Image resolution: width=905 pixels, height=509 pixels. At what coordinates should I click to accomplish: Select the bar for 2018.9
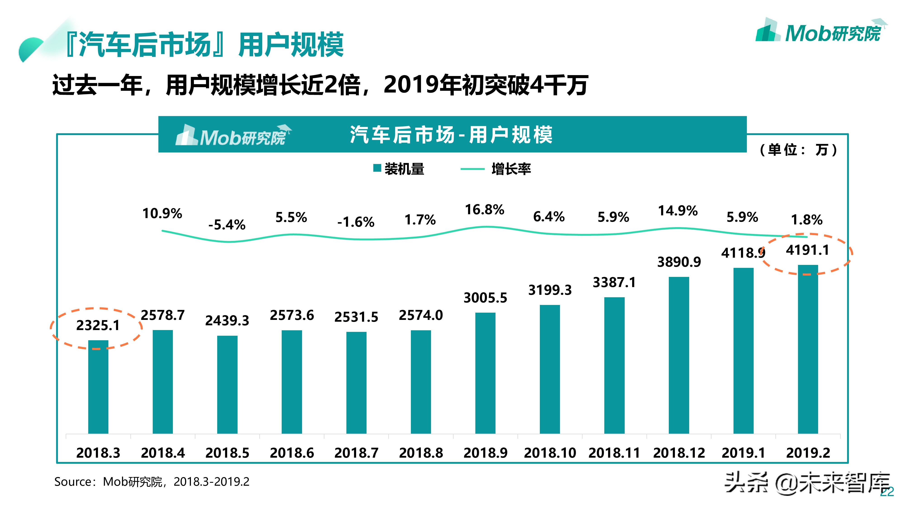485,373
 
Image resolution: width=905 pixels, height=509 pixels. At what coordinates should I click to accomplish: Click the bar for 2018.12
679,355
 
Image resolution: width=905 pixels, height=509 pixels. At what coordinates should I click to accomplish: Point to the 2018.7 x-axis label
356,453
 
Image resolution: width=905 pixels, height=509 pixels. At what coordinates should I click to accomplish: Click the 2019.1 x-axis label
743,453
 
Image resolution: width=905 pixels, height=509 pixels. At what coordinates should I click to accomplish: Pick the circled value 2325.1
98,325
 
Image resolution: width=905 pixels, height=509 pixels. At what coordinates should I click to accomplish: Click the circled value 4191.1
807,250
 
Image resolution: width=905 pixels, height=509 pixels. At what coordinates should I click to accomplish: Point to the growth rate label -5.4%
227,225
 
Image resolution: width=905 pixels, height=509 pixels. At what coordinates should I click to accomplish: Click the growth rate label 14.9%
678,211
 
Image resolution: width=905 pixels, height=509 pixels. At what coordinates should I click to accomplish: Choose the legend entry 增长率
496,169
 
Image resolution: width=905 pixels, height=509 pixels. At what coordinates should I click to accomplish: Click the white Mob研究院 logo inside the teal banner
233,136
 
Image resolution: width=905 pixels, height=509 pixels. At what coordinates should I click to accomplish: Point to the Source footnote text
152,482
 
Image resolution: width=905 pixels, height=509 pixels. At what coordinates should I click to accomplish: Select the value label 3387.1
614,282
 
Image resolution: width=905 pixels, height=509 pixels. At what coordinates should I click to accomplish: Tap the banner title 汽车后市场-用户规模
451,135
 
